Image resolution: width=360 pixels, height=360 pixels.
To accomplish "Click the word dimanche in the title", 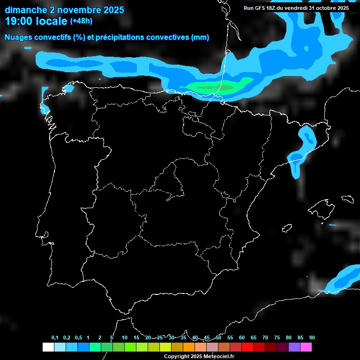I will pyautogui.click(x=25, y=10).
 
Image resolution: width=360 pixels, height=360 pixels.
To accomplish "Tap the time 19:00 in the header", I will pyautogui.click(x=19, y=21).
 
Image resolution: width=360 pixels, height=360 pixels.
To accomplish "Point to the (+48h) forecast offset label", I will pyautogui.click(x=82, y=21).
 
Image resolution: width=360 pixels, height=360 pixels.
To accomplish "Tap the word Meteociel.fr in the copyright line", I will pyautogui.click(x=216, y=356).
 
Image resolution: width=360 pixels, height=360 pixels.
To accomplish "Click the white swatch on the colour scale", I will pyautogui.click(x=48, y=347).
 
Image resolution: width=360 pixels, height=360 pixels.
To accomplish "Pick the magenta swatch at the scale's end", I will pyautogui.click(x=306, y=347).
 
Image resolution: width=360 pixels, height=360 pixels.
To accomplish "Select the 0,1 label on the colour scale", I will pyautogui.click(x=55, y=338).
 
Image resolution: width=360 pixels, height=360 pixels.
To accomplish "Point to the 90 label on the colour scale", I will pyautogui.click(x=312, y=338).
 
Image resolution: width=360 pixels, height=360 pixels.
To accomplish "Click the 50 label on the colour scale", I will pyautogui.click(x=218, y=338).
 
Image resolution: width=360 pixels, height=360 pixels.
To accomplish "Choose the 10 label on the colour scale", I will pyautogui.click(x=125, y=338).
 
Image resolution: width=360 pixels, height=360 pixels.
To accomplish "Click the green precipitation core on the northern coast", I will pyautogui.click(x=213, y=87).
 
